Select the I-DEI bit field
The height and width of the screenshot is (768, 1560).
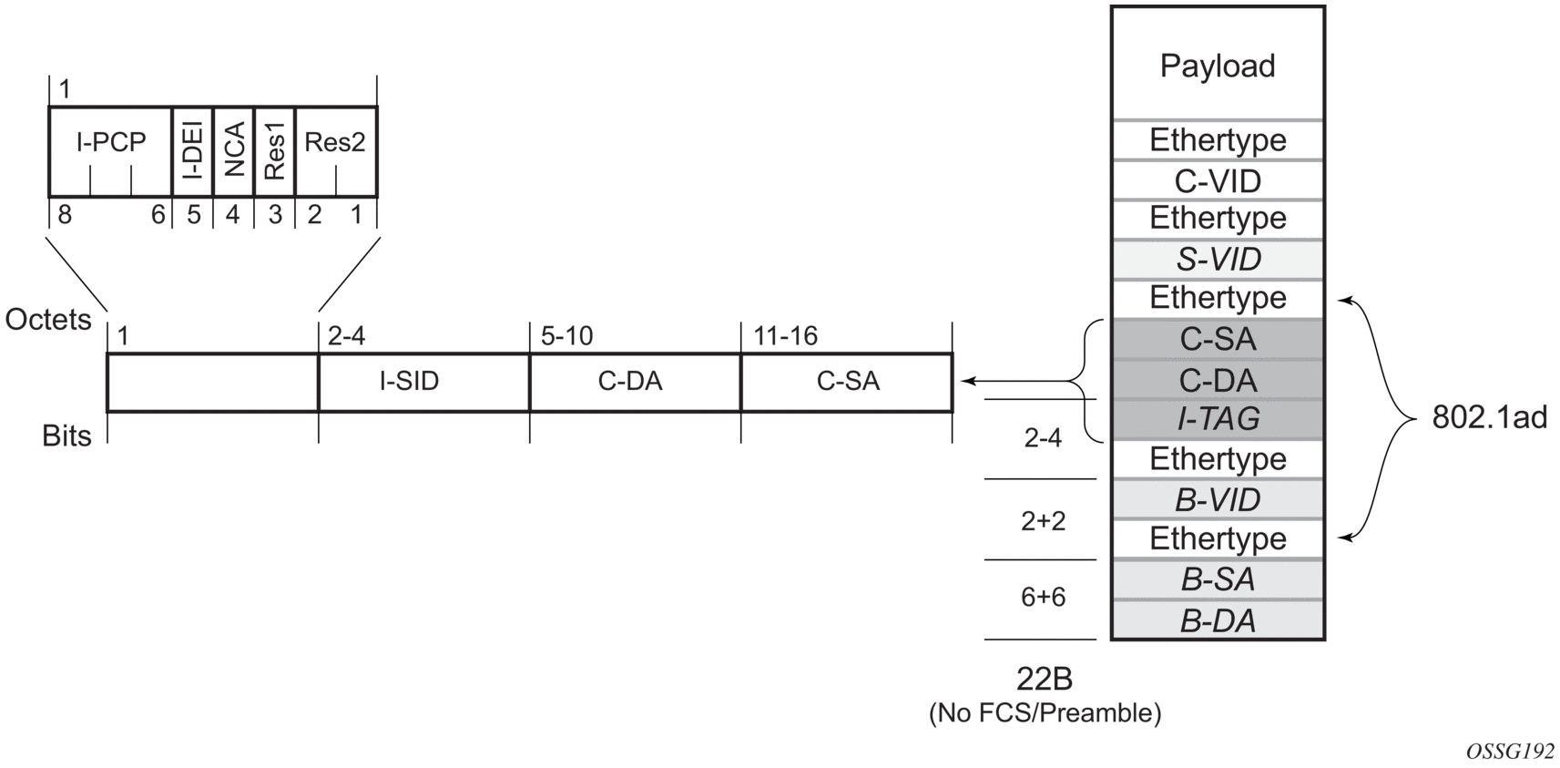(x=192, y=151)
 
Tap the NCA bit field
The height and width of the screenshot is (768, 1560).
(x=233, y=151)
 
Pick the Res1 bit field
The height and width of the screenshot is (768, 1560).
(x=274, y=151)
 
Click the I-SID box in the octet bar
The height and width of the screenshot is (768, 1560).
(x=410, y=382)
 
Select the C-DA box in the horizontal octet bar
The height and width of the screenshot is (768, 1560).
(x=630, y=382)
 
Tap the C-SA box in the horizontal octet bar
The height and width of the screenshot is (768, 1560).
(x=848, y=382)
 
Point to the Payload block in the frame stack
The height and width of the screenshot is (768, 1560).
(x=1217, y=66)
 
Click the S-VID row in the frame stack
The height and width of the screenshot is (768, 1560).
(x=1217, y=260)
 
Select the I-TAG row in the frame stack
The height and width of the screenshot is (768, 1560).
(x=1217, y=419)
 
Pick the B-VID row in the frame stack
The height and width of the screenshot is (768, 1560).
(x=1217, y=500)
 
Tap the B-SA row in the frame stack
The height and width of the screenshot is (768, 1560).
(x=1217, y=579)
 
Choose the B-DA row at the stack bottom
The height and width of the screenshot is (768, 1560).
(x=1217, y=621)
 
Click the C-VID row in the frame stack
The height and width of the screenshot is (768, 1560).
(x=1217, y=181)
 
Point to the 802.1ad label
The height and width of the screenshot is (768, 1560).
(x=1489, y=417)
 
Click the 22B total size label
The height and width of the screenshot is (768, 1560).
(x=1044, y=679)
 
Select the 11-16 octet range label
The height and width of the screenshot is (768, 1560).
(x=785, y=336)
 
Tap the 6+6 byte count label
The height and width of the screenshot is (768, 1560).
(x=1043, y=598)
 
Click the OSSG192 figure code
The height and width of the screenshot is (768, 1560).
(x=1510, y=751)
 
